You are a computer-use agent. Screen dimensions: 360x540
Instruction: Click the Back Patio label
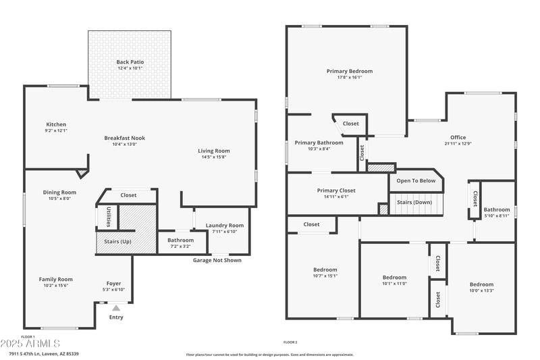point(130,62)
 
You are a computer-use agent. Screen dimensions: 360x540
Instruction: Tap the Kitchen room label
point(56,124)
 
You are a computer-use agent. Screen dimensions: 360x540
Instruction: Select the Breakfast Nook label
point(124,138)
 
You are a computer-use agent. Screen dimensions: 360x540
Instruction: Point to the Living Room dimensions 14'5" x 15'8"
point(213,157)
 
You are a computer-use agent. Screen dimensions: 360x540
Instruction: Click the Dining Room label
point(59,192)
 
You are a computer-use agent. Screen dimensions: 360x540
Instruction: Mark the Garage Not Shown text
point(217,260)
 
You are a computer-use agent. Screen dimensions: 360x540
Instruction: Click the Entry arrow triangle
point(116,308)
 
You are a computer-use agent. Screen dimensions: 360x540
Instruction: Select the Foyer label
point(114,283)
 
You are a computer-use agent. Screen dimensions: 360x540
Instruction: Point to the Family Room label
point(55,279)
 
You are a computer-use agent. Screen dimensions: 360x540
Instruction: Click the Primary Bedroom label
point(349,71)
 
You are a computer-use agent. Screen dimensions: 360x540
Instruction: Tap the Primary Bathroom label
point(319,143)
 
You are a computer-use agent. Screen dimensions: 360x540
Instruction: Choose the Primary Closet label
point(335,190)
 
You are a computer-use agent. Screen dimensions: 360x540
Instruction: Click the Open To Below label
point(415,180)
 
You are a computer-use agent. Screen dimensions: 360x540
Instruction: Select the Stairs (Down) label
point(414,202)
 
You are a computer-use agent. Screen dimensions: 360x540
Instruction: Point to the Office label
point(458,137)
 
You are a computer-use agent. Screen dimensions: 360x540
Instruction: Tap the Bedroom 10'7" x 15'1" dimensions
point(325,276)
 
